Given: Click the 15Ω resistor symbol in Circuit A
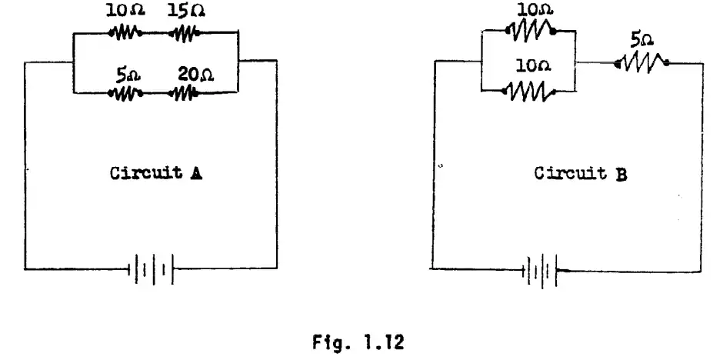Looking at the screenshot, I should pyautogui.click(x=184, y=33).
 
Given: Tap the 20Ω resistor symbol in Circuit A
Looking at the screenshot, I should pyautogui.click(x=185, y=93).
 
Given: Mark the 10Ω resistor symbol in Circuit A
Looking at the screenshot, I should pyautogui.click(x=125, y=33).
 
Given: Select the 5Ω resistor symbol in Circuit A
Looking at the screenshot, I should pyautogui.click(x=127, y=93).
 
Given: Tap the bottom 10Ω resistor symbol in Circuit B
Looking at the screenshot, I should pyautogui.click(x=528, y=92).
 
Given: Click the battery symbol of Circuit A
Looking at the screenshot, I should pyautogui.click(x=151, y=269).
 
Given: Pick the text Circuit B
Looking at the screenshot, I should pyautogui.click(x=580, y=174).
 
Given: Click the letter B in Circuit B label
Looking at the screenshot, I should pyautogui.click(x=621, y=174).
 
